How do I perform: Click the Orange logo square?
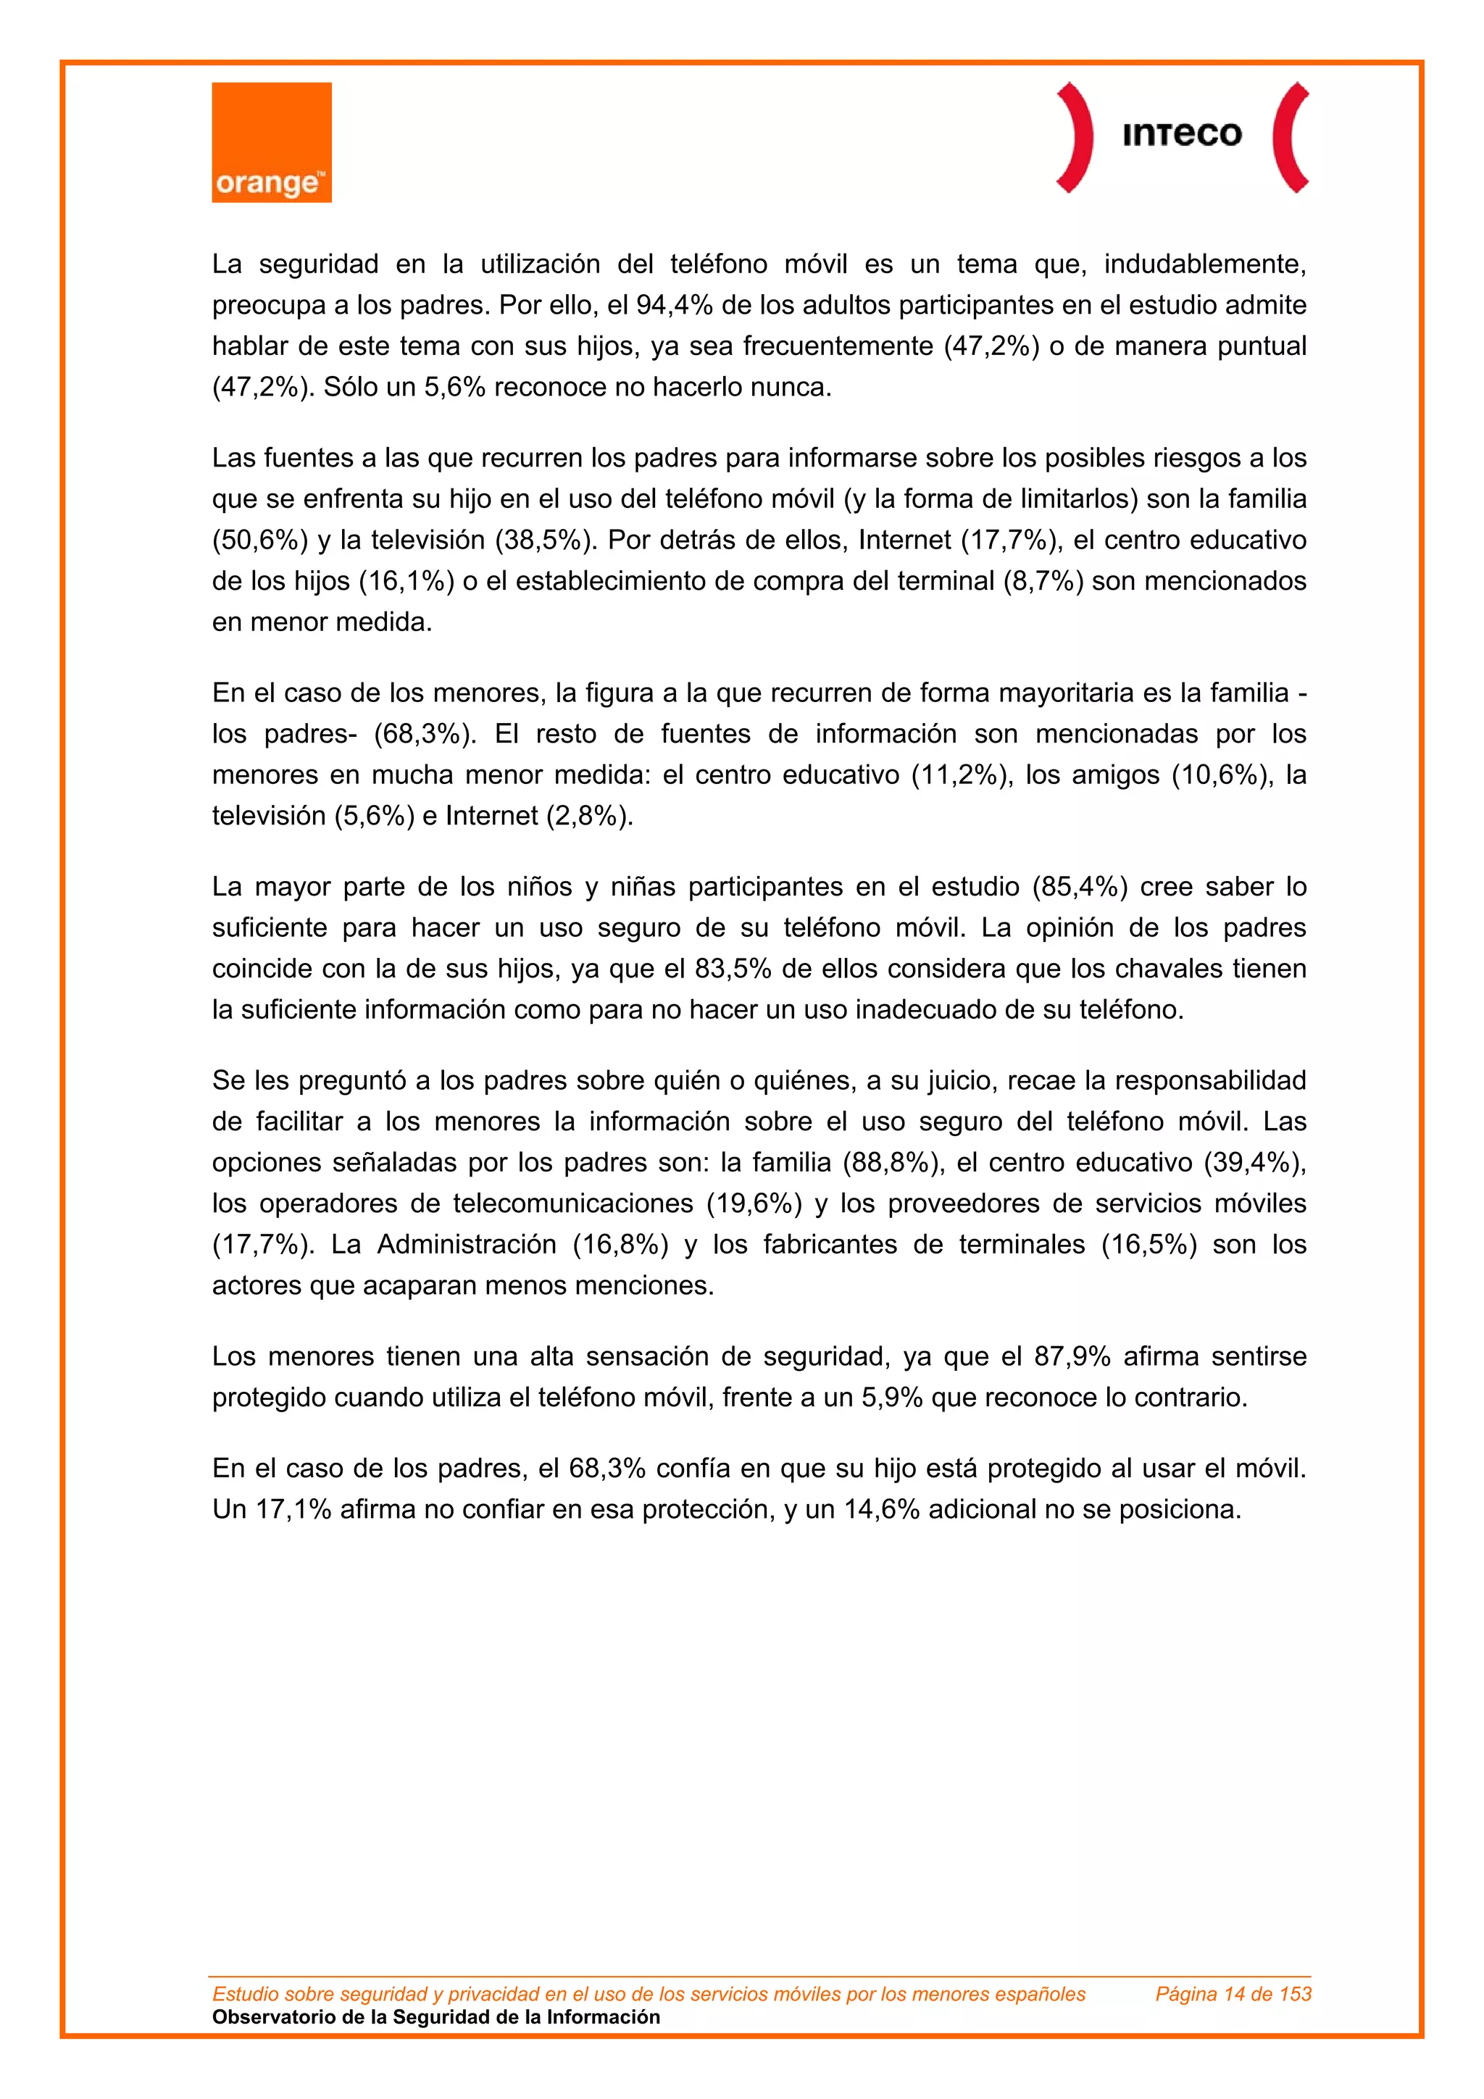[272, 142]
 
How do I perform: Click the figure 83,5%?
[733, 969]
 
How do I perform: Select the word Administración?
[467, 1245]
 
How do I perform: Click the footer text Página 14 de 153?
[1233, 1994]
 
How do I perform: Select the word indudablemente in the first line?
[1204, 264]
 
